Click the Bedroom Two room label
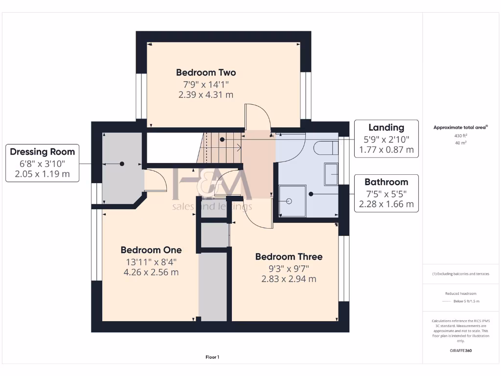point(206,72)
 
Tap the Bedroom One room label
point(151,250)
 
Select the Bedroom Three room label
point(289,257)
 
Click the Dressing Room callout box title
point(43,152)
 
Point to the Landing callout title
point(386,127)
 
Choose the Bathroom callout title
point(386,182)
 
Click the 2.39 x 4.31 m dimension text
point(206,94)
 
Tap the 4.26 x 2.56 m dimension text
point(151,272)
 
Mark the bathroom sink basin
point(331,174)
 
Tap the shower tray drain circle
point(289,201)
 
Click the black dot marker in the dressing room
point(122,164)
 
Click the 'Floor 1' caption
point(212,357)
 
